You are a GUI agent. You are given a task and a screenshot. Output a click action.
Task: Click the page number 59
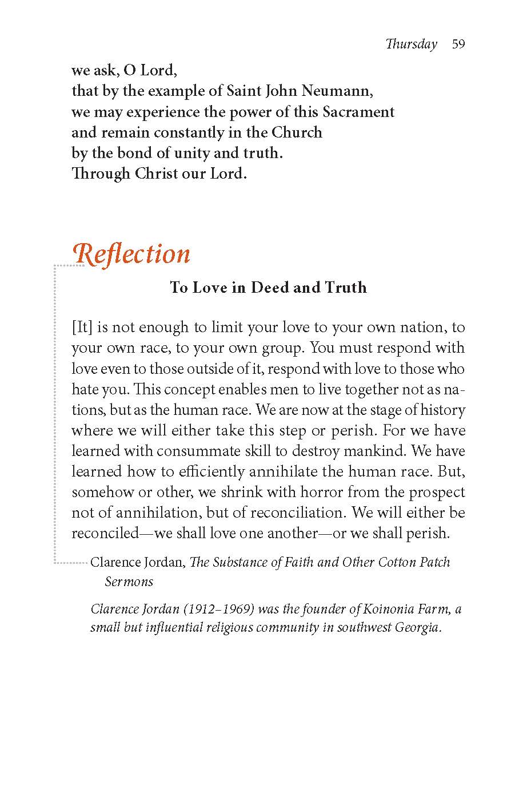click(458, 45)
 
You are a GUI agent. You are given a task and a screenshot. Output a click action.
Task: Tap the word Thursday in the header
click(412, 45)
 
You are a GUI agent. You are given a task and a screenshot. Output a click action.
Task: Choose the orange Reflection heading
click(133, 254)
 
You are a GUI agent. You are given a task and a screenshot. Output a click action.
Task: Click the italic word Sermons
click(129, 582)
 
